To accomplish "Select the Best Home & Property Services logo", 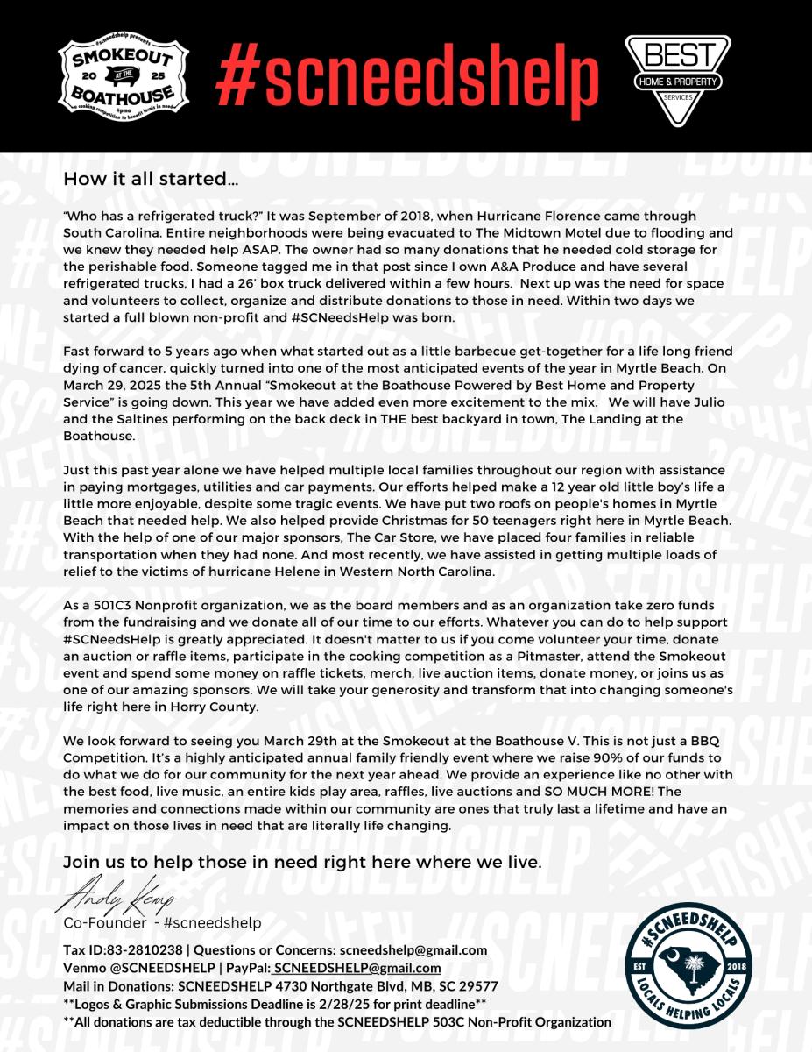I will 677,80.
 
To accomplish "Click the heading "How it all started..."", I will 151,181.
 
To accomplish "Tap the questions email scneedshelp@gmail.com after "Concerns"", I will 413,950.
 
